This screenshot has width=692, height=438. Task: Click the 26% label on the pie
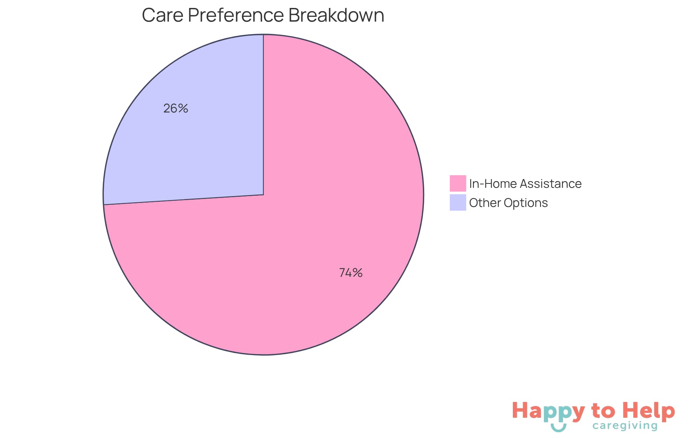click(176, 108)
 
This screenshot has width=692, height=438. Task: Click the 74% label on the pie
click(351, 273)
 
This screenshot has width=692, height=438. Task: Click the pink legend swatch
click(458, 183)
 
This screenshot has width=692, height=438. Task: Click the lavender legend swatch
click(458, 202)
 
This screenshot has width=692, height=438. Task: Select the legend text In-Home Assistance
click(525, 183)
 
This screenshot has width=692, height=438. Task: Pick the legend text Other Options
click(508, 203)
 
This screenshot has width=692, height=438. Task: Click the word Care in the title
click(162, 15)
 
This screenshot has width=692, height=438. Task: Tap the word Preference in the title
click(236, 15)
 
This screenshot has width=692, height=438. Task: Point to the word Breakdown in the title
click(336, 15)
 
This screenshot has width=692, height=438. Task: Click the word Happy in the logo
click(548, 411)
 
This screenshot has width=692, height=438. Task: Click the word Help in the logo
click(649, 411)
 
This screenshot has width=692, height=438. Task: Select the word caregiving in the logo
click(625, 426)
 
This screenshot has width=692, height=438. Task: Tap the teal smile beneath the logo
click(558, 428)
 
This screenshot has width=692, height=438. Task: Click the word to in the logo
click(603, 411)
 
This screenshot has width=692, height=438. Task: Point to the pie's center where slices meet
click(263, 195)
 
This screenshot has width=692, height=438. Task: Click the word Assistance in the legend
click(551, 183)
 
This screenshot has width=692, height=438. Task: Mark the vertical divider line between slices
click(263, 115)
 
